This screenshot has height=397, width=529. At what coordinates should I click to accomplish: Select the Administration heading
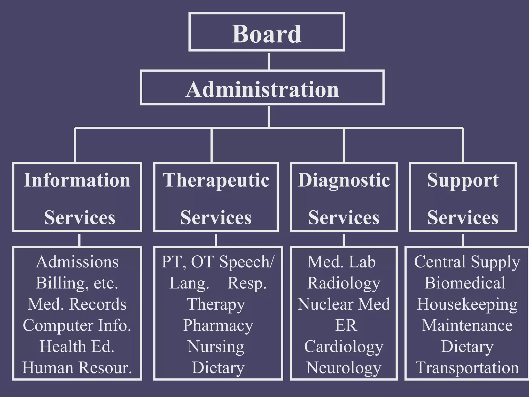coord(262,89)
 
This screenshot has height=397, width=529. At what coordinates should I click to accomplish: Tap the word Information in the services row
coord(77,180)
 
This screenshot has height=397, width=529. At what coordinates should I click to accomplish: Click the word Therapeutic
coord(216,180)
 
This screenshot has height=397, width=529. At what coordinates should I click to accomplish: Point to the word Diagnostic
coord(344,180)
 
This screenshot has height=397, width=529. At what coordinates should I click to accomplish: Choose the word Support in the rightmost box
coord(463,180)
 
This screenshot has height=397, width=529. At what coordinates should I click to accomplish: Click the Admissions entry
coord(77,262)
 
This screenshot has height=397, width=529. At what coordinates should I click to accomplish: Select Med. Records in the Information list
coord(77,304)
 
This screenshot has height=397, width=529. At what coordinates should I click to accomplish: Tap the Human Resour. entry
coord(77,367)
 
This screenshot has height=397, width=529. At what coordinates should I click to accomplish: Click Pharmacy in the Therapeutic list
coord(218,326)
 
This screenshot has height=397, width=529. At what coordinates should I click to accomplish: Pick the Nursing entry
coord(216,347)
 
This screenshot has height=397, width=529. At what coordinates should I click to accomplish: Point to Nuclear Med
coord(344,304)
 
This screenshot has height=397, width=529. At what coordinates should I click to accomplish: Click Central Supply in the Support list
coord(467,262)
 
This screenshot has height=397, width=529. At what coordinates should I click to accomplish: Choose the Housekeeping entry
coord(467,304)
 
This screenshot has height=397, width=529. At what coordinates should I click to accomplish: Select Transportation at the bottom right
coord(467,367)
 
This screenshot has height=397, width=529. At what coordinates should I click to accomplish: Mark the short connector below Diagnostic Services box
coord(344,240)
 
